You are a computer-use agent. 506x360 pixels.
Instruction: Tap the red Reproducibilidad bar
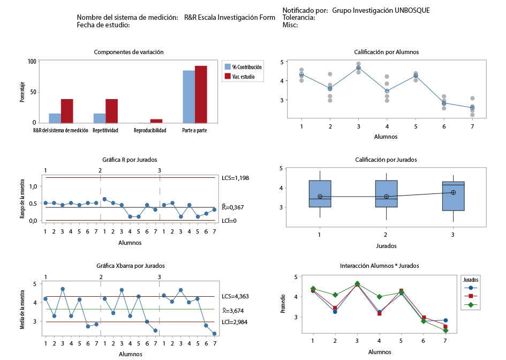[156, 121]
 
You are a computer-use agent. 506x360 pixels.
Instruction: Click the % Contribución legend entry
[243, 67]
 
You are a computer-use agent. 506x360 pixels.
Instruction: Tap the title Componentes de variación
[129, 52]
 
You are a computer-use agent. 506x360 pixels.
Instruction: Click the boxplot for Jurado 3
[453, 196]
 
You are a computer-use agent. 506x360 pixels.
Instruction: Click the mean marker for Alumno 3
[358, 68]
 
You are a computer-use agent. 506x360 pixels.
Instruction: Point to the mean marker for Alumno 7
[472, 108]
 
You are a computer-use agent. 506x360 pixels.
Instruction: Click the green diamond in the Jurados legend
[471, 305]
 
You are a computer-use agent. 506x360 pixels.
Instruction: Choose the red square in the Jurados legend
[471, 296]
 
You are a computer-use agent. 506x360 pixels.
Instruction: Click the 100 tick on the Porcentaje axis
[32, 62]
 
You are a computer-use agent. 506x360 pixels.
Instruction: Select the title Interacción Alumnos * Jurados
[379, 266]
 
